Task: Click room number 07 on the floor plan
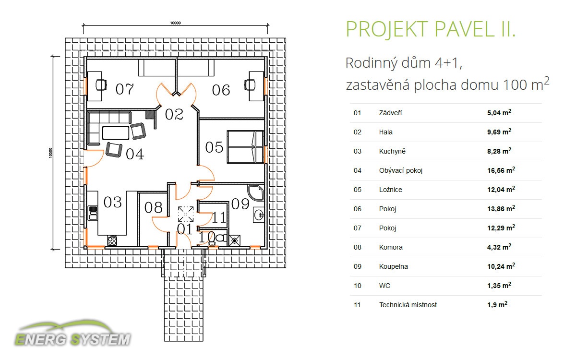coord(125,89)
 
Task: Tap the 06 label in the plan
coord(221,90)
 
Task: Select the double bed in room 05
coord(245,147)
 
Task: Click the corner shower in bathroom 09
coord(256,192)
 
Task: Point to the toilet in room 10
coord(218,239)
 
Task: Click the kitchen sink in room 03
coord(93,213)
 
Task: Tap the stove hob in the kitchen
coord(112,240)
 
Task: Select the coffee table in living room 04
coord(116,132)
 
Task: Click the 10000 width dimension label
coord(175,23)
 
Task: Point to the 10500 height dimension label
coord(50,153)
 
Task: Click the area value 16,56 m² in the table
coord(501,170)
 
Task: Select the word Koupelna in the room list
coord(394,266)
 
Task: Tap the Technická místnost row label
coord(408,305)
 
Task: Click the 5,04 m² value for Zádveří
coord(499,112)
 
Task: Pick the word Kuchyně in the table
coord(392,151)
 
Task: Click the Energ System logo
coord(72,333)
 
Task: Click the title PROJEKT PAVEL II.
coord(431,29)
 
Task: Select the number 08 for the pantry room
coord(153,207)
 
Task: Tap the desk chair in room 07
coord(101,84)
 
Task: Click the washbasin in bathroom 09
coord(259,215)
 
